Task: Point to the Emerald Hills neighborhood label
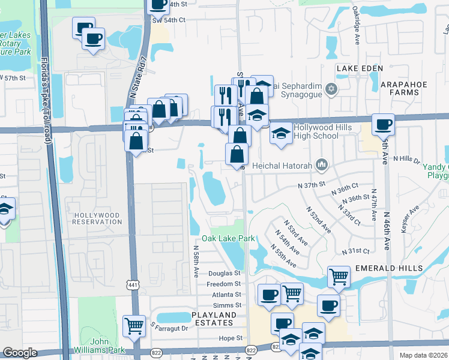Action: pyautogui.click(x=388, y=268)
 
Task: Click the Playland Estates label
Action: pyautogui.click(x=214, y=319)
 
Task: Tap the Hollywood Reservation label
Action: pyautogui.click(x=97, y=218)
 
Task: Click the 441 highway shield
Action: pyautogui.click(x=133, y=285)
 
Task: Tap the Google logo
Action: pyautogui.click(x=20, y=353)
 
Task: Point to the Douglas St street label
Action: pyautogui.click(x=224, y=273)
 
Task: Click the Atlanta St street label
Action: pyautogui.click(x=226, y=295)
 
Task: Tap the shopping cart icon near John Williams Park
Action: pyautogui.click(x=134, y=326)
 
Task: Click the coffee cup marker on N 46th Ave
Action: pyautogui.click(x=383, y=124)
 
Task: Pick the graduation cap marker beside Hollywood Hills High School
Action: pyautogui.click(x=280, y=133)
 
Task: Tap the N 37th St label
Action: pyautogui.click(x=311, y=184)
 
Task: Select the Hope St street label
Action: pyautogui.click(x=230, y=338)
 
